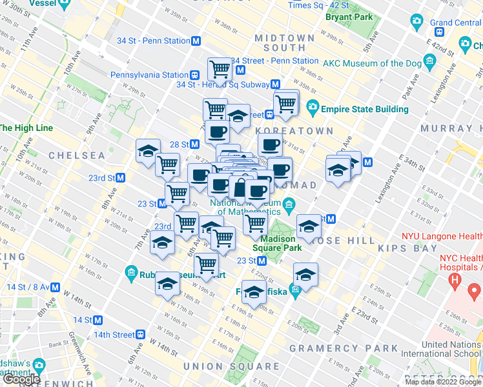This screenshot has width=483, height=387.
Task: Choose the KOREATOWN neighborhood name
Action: point(302,131)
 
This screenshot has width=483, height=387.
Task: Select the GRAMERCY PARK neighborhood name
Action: point(344,348)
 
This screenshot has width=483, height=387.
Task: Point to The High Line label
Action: point(26,128)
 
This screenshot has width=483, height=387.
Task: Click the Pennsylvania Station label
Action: point(149,75)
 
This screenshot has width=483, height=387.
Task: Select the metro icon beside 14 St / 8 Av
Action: point(56,288)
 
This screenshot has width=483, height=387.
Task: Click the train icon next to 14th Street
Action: point(140,335)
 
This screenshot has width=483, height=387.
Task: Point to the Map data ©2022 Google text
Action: point(443,382)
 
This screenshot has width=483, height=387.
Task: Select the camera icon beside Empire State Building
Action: point(313,106)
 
